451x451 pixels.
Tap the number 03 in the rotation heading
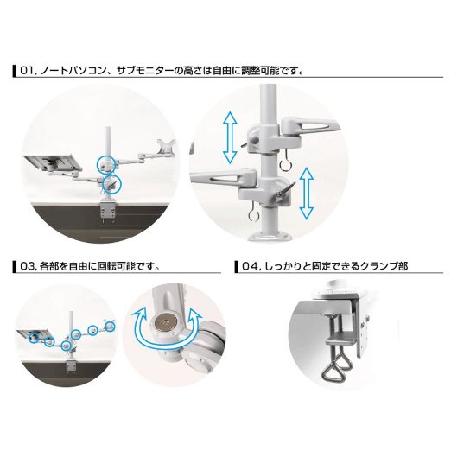click(28, 266)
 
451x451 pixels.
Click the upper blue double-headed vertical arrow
click(230, 137)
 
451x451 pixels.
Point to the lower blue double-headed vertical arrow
click(306, 194)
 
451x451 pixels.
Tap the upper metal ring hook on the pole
click(285, 162)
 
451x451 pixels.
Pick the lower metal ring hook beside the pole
click(254, 213)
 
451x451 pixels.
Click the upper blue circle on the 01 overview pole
click(107, 164)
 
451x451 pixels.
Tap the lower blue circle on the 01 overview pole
click(112, 183)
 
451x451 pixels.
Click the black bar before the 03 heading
click(15, 266)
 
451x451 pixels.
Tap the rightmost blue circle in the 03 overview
click(110, 326)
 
